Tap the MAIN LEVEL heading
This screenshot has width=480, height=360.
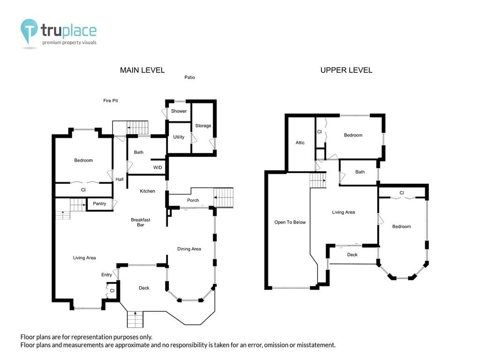(x=142, y=70)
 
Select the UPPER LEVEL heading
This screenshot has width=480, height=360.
(x=346, y=70)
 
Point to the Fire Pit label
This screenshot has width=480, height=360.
(x=111, y=100)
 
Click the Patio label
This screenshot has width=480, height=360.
(x=189, y=77)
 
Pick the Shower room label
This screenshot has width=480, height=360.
(x=179, y=111)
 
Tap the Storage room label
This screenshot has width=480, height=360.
(x=203, y=126)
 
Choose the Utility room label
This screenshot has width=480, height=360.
(x=179, y=137)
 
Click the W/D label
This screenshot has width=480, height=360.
(x=157, y=167)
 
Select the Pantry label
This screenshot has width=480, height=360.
(x=99, y=203)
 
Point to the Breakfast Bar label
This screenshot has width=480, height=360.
(x=141, y=222)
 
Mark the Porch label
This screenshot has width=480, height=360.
(x=193, y=200)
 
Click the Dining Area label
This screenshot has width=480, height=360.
(x=189, y=249)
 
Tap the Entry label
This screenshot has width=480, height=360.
(x=106, y=275)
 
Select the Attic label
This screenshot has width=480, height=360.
(x=300, y=142)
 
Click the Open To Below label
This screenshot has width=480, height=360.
(x=290, y=222)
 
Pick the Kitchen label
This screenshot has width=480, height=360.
(x=147, y=191)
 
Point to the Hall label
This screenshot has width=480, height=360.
(x=120, y=180)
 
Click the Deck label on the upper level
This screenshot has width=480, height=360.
(x=352, y=255)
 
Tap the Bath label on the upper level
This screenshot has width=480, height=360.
(x=360, y=172)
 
